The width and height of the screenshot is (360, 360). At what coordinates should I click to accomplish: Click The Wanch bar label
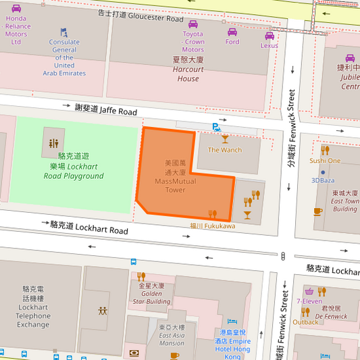[x=224, y=149]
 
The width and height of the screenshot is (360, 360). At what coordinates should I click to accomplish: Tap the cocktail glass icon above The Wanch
[x=225, y=138]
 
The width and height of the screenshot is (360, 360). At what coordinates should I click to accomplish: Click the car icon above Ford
[x=232, y=31]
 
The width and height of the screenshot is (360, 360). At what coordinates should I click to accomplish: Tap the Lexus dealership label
[x=269, y=45]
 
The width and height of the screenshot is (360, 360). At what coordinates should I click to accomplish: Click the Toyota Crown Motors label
[x=192, y=41]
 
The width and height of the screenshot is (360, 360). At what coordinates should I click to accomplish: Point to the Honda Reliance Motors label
[x=16, y=30]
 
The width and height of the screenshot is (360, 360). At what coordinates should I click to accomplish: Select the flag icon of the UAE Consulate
[x=64, y=32]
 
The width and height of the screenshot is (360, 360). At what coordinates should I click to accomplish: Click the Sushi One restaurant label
[x=325, y=161]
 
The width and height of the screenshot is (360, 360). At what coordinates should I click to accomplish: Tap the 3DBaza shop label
[x=323, y=180]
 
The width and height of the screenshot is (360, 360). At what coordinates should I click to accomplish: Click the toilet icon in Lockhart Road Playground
[x=54, y=144]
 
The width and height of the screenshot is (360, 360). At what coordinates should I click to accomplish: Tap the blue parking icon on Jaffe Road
[x=215, y=126]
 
